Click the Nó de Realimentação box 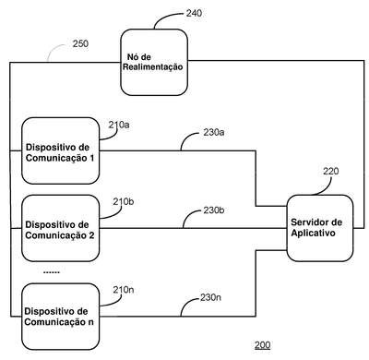click(154, 62)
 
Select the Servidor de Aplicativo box click(320, 228)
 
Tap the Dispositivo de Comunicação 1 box click(61, 150)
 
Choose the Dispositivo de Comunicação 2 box click(61, 228)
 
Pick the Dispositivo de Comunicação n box click(61, 317)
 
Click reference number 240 click(194, 13)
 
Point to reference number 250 click(80, 43)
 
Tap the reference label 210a click(119, 125)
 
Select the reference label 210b click(123, 202)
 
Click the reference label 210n click(124, 290)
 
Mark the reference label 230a click(214, 132)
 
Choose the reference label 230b click(214, 210)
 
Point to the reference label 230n click(210, 297)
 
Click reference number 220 click(331, 171)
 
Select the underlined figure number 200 click(262, 345)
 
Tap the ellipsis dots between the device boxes click(52, 272)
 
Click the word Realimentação click(153, 67)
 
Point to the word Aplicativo click(313, 234)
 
